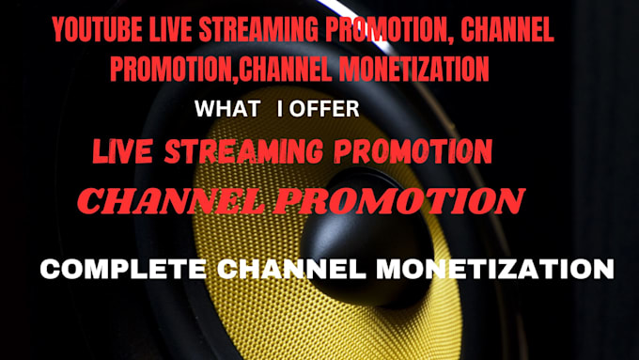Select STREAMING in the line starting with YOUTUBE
257,31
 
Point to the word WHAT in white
226,109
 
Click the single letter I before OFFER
280,109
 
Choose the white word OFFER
325,109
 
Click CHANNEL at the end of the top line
506,31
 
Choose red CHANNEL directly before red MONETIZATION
295,68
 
